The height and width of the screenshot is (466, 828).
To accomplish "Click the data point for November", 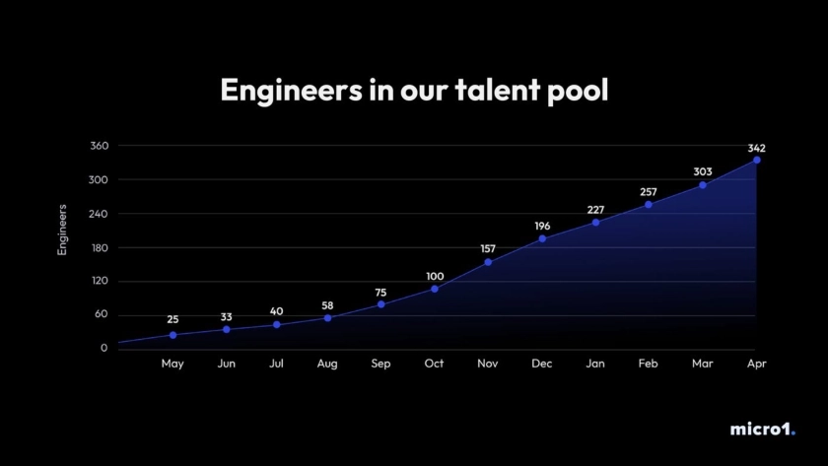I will pos(488,262).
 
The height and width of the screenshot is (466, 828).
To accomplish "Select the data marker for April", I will pos(756,160).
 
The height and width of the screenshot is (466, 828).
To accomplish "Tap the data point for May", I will pos(172,335).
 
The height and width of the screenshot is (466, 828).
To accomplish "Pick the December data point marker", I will pos(542,238).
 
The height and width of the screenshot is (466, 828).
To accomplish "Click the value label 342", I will pos(756,148).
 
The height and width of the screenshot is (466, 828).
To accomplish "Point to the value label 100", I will pos(435,276).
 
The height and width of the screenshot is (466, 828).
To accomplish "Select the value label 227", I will pos(594,210).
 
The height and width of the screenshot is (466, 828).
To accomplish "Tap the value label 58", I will pos(327,306).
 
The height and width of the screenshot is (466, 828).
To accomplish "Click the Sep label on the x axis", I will pos(380,365).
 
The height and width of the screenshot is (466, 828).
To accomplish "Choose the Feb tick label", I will pos(648,365).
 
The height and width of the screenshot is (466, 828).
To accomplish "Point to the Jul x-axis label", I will pos(276,365).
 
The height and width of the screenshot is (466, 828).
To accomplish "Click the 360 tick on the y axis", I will pos(99,146).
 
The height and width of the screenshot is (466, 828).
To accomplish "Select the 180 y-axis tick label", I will pos(99,247).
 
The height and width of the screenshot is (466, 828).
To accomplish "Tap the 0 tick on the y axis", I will pos(103,349).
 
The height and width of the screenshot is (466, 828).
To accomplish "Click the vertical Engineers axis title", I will pos(62,230).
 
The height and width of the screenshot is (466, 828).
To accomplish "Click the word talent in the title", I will pos(497,91).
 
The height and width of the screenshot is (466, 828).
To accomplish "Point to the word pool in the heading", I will pos(577,91).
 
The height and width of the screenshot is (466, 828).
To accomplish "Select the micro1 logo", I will pos(762,430).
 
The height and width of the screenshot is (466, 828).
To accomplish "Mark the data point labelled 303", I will pos(703,185).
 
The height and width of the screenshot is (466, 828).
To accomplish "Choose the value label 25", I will pos(172,319).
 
